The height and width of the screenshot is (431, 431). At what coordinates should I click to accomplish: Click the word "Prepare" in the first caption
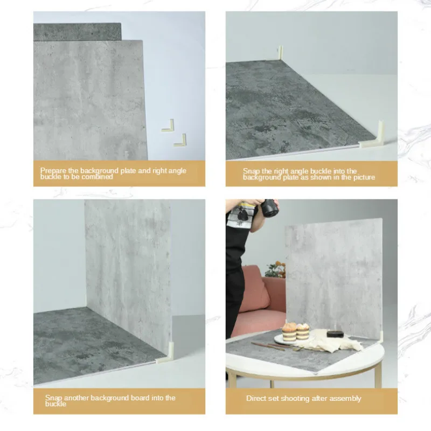[x=52, y=171]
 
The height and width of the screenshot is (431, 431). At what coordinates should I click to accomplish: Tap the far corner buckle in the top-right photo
[x=280, y=52]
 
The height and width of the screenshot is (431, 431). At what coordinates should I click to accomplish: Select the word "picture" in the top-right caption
[x=362, y=177]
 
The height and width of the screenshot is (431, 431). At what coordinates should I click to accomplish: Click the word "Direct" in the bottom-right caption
[x=256, y=399]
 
